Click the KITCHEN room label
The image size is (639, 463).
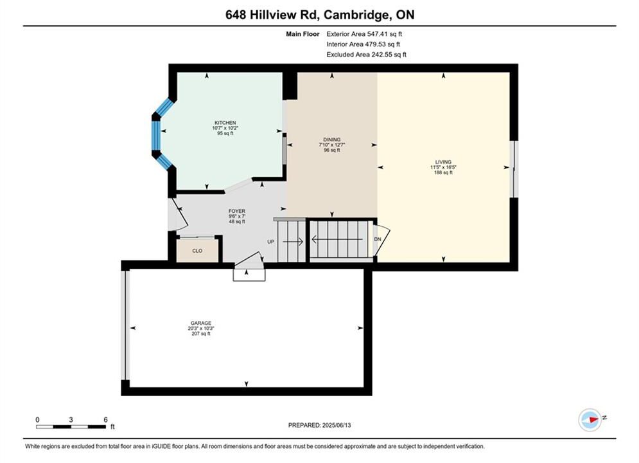(x=225, y=123)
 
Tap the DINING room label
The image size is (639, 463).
(x=332, y=140)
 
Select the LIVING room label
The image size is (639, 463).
(x=443, y=162)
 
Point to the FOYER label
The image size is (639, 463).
(x=237, y=212)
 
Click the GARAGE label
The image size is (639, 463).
(x=201, y=323)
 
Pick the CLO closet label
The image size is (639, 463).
(x=197, y=251)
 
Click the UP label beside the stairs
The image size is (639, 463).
(x=270, y=242)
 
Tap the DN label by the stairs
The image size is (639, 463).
(x=378, y=239)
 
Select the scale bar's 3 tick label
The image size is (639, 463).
(x=71, y=419)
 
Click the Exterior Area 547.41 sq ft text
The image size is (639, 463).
(x=364, y=34)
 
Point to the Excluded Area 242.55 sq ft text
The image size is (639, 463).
(x=366, y=55)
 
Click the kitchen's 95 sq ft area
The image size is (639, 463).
(x=225, y=133)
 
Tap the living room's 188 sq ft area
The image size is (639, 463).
(x=443, y=172)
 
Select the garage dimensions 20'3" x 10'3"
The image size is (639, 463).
(x=201, y=329)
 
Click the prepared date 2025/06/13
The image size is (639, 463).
(x=337, y=425)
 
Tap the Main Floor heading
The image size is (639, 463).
(x=302, y=34)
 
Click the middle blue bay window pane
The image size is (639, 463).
(x=156, y=136)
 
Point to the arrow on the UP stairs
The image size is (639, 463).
(x=293, y=242)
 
